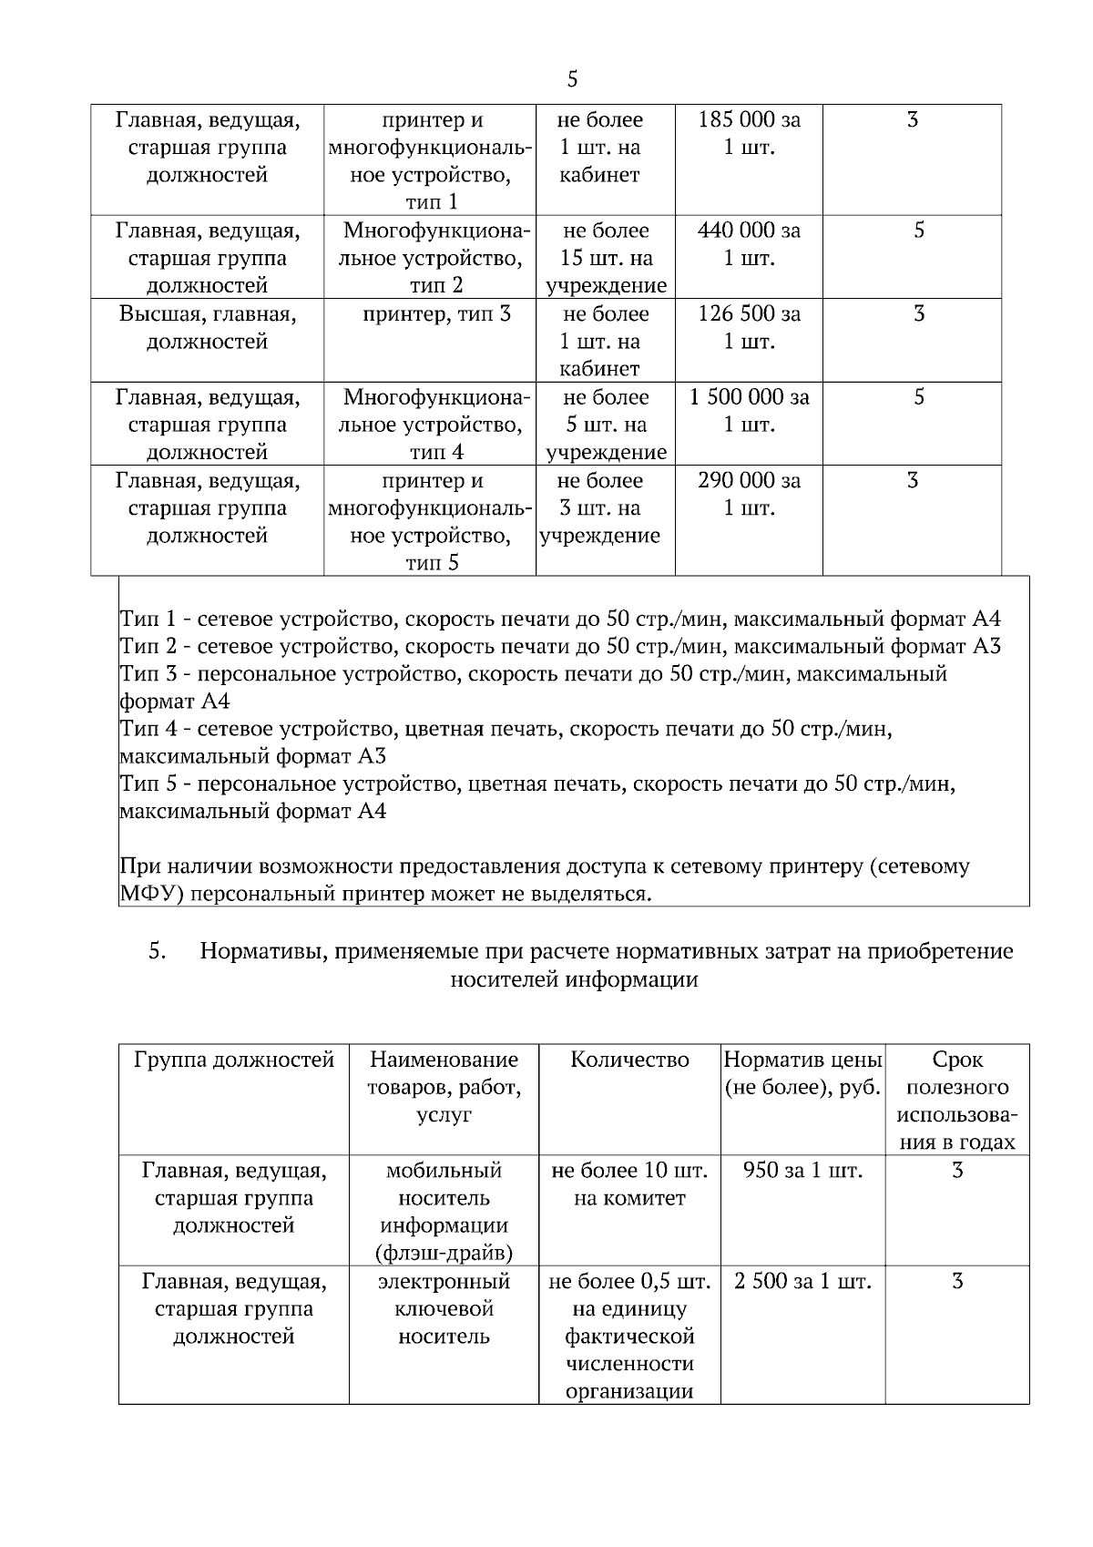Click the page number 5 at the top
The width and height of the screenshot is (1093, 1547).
(x=572, y=79)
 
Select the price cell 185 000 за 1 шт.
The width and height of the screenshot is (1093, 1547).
(x=749, y=133)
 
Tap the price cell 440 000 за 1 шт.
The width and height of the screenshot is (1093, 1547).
(x=749, y=244)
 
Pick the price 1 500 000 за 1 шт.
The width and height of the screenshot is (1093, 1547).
(x=749, y=411)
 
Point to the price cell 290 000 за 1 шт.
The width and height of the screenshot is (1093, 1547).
(x=749, y=494)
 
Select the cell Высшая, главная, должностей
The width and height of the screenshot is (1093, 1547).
(x=207, y=328)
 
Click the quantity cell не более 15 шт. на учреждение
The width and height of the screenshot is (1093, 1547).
(x=606, y=258)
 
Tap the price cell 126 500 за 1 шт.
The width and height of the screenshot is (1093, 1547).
(x=749, y=327)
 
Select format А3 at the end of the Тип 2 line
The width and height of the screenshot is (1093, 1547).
(x=986, y=647)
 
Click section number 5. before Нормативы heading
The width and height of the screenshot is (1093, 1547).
(x=157, y=951)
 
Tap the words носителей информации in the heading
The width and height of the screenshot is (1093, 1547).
(x=575, y=979)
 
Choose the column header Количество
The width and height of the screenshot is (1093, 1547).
(x=629, y=1060)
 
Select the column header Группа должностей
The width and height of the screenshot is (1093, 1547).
(x=234, y=1060)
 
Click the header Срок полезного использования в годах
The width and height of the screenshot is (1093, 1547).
(x=957, y=1101)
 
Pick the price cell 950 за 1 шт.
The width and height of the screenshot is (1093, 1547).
(x=802, y=1171)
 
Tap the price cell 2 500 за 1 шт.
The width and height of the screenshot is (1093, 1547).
(x=802, y=1282)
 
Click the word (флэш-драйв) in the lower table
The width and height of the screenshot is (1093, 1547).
(x=444, y=1253)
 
